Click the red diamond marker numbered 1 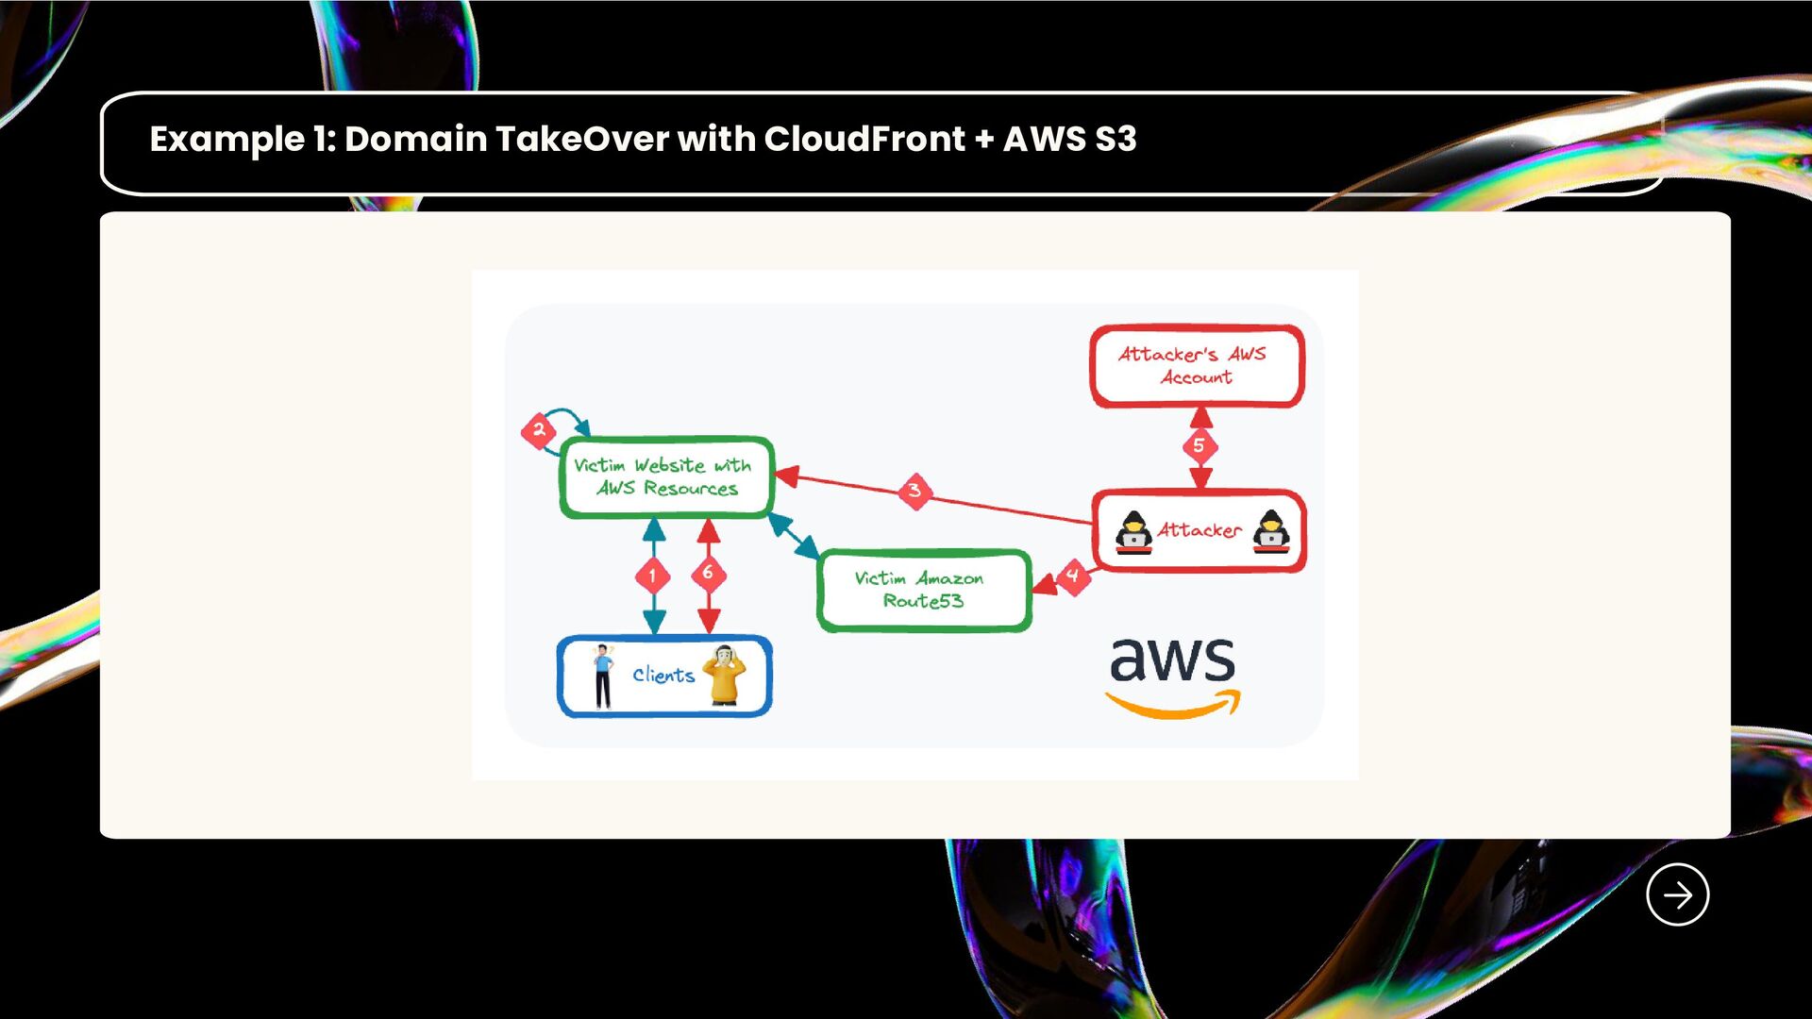click(x=652, y=576)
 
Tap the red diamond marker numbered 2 click(x=538, y=430)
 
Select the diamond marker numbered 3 click(x=914, y=491)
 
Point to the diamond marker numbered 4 click(x=1072, y=576)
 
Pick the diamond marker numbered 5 click(x=1200, y=445)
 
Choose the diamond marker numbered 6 click(x=708, y=573)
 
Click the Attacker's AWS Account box click(x=1197, y=366)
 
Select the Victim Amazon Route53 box click(x=923, y=591)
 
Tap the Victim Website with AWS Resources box click(x=666, y=476)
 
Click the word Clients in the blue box click(x=663, y=676)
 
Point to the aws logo click(x=1173, y=676)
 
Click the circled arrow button click(x=1677, y=894)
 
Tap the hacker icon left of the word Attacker click(x=1133, y=532)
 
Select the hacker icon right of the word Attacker click(x=1271, y=532)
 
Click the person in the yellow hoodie click(x=725, y=676)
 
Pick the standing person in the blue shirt click(x=603, y=676)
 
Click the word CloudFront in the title click(x=864, y=140)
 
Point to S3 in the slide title click(x=1116, y=140)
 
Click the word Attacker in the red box click(x=1200, y=531)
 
